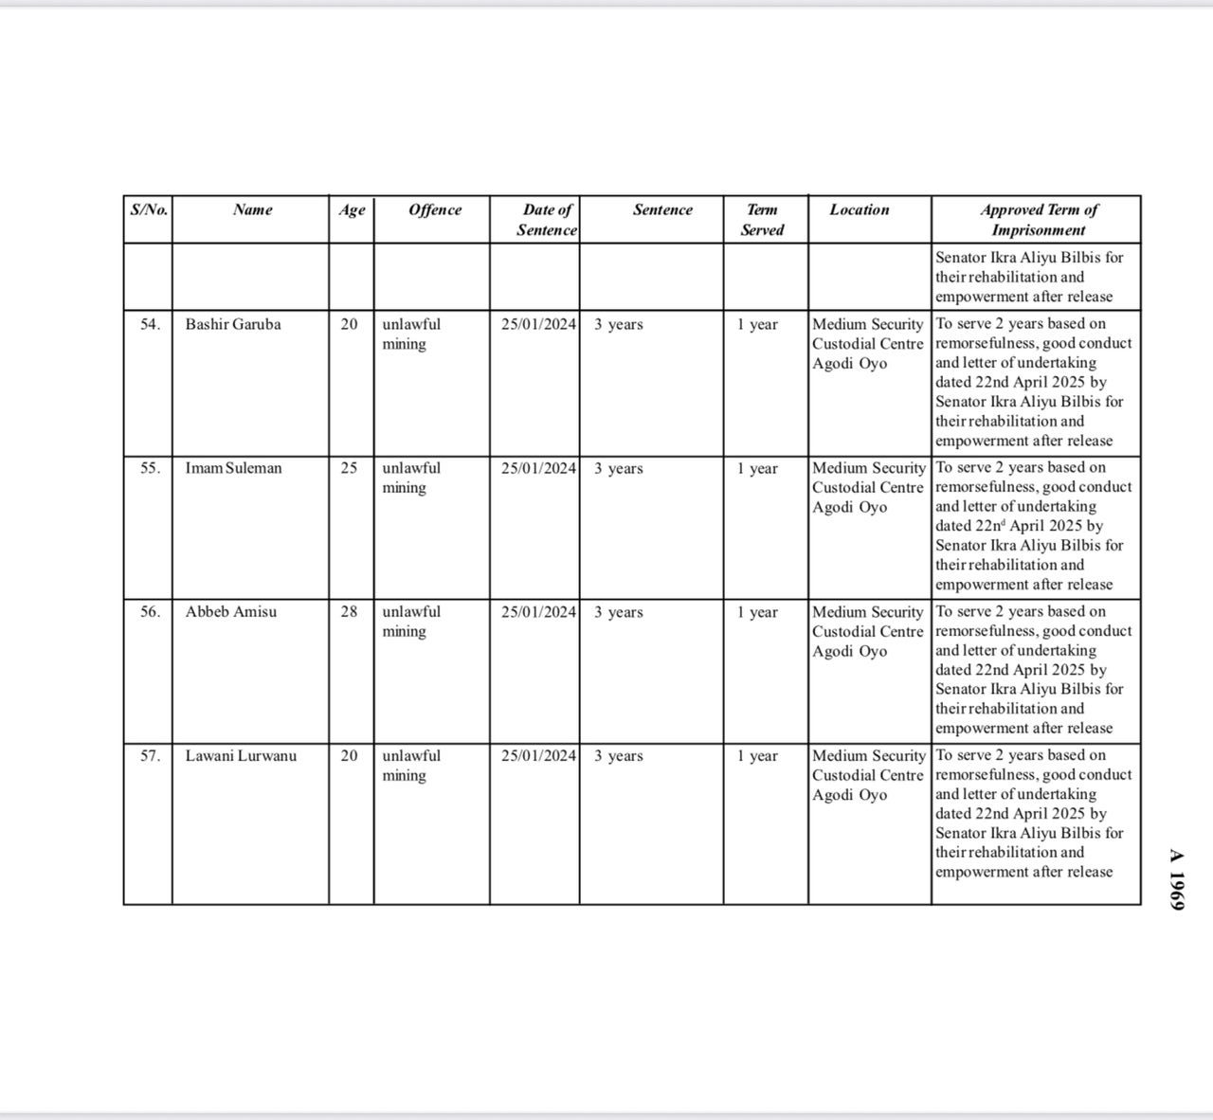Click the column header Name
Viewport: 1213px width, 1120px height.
pyautogui.click(x=252, y=210)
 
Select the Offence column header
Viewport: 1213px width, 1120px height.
pyautogui.click(x=435, y=210)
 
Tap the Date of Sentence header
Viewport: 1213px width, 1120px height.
pyautogui.click(x=547, y=220)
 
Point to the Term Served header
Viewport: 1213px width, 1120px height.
pyautogui.click(x=763, y=220)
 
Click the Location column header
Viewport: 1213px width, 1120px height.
pyautogui.click(x=860, y=210)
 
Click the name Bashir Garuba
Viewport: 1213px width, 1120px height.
pyautogui.click(x=233, y=324)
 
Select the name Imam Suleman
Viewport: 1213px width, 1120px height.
pyautogui.click(x=233, y=468)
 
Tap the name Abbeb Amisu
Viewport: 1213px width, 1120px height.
pyautogui.click(x=231, y=612)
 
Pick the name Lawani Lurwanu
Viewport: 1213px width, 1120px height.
pyautogui.click(x=241, y=756)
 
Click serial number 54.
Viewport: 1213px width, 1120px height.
pyautogui.click(x=150, y=324)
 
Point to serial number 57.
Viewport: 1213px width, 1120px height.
pyautogui.click(x=150, y=756)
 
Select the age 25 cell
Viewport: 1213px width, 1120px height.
pyautogui.click(x=350, y=468)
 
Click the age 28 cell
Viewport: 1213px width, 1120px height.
pyautogui.click(x=350, y=612)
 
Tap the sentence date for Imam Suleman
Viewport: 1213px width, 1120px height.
pyautogui.click(x=538, y=468)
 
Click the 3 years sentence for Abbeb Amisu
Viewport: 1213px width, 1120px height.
pyautogui.click(x=618, y=612)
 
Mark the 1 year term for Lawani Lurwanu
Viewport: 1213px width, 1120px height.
pyautogui.click(x=757, y=756)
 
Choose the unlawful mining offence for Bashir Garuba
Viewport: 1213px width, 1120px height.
pyautogui.click(x=411, y=334)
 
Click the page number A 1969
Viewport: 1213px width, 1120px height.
pyautogui.click(x=1176, y=879)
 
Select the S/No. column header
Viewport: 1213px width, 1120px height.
pyautogui.click(x=149, y=210)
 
